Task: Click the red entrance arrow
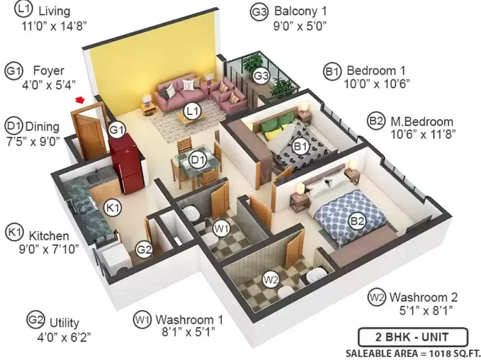(80, 100)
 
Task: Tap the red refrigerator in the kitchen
(126, 167)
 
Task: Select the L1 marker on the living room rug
(192, 111)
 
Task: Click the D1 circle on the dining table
(198, 160)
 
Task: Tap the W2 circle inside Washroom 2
(272, 279)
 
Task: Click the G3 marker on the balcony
(261, 76)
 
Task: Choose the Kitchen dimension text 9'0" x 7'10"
(49, 249)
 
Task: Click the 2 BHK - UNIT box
(413, 337)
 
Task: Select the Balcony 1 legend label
(300, 11)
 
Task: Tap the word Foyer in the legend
(49, 70)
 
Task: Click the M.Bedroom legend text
(421, 122)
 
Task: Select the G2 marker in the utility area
(144, 249)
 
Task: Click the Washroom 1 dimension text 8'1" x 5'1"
(188, 332)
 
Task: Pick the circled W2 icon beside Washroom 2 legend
(377, 297)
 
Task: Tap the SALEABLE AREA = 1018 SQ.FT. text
(413, 353)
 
